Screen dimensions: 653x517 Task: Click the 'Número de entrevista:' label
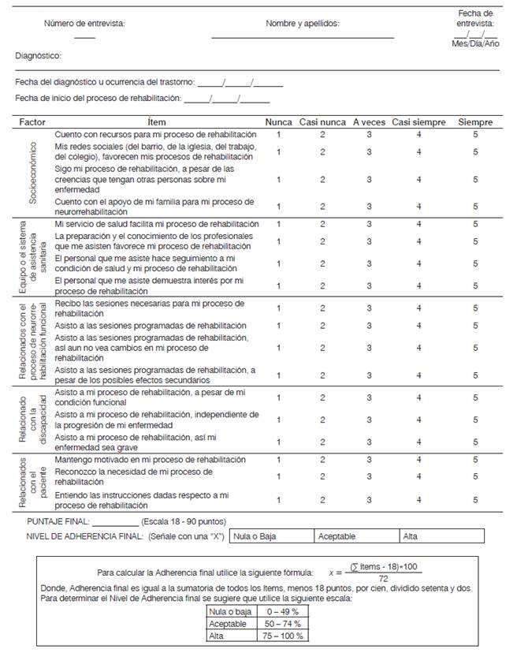[84, 24]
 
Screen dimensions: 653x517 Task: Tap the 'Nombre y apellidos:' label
[303, 24]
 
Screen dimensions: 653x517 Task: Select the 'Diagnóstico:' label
[39, 57]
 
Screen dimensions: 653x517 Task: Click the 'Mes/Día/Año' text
[476, 44]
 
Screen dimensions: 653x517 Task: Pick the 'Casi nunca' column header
[322, 122]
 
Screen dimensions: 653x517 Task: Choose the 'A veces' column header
[369, 122]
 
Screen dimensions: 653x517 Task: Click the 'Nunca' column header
[278, 122]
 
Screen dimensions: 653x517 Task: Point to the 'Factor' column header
[32, 122]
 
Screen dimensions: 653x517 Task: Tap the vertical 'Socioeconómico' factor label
[33, 173]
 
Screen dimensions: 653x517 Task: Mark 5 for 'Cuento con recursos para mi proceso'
[475, 135]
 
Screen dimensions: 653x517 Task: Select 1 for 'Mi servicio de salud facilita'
[278, 224]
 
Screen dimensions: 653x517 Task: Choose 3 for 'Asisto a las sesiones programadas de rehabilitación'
[369, 326]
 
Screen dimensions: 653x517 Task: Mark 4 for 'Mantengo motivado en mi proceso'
[418, 459]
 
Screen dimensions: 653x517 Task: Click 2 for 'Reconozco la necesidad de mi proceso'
[322, 476]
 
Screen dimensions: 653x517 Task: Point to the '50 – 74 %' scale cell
[281, 623]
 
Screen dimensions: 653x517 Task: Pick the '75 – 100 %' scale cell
[281, 635]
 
